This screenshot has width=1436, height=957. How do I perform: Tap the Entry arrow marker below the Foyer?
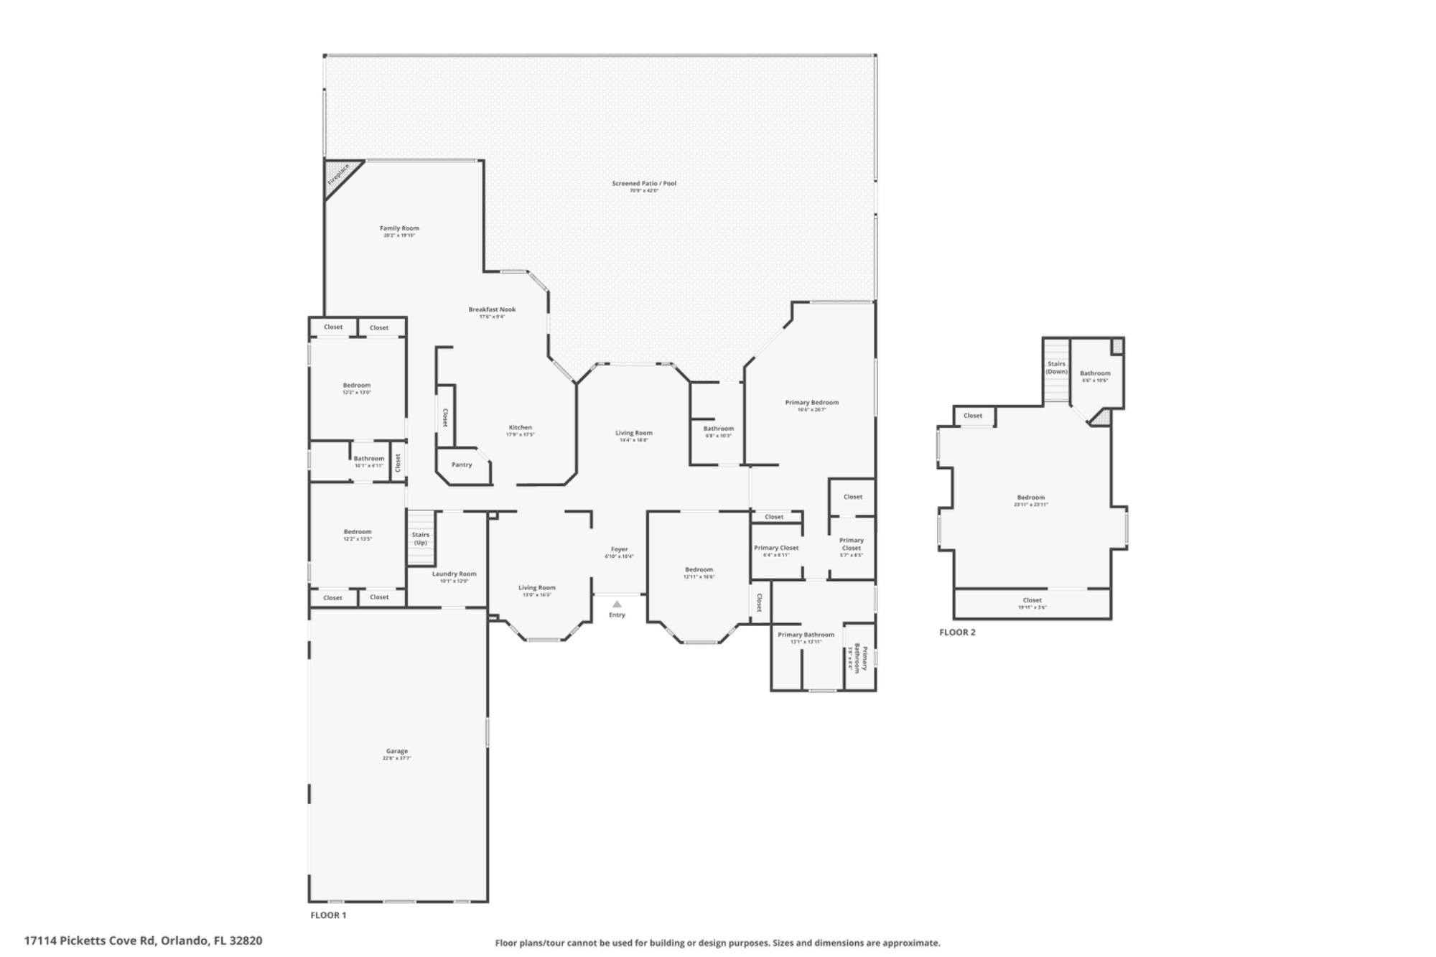(617, 604)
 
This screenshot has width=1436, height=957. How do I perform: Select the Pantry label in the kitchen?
(462, 465)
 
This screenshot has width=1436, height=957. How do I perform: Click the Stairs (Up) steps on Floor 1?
(421, 538)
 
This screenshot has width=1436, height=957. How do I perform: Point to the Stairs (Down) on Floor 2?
(1056, 372)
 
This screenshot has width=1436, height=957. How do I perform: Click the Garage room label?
(397, 751)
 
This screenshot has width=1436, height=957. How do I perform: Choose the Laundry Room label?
(454, 574)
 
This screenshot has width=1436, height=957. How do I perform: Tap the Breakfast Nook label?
(492, 310)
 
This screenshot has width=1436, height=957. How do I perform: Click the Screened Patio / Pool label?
(644, 184)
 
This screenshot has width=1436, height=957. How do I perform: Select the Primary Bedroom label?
(811, 403)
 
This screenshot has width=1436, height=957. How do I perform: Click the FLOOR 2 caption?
(957, 632)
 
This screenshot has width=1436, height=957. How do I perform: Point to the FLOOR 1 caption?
(328, 915)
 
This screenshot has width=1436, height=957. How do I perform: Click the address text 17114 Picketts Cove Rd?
(143, 940)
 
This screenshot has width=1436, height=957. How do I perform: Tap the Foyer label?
(619, 550)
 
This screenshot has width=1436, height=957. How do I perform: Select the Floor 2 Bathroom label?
(1095, 373)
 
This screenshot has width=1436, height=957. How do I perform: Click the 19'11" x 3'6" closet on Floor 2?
(1032, 603)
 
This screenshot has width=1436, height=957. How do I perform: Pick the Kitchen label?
(521, 428)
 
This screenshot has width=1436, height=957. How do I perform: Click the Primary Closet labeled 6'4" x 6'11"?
(776, 548)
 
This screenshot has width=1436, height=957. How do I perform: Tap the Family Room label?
(399, 228)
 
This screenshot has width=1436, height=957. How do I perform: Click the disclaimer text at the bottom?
(717, 943)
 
